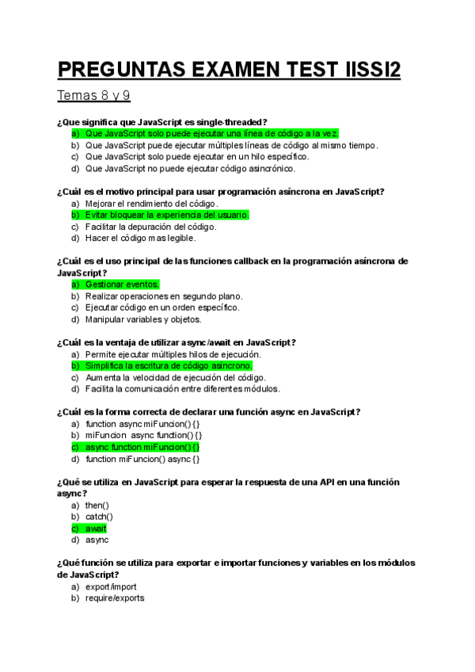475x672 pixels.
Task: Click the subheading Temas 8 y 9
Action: [x=93, y=96]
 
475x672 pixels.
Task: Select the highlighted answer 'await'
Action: [x=96, y=529]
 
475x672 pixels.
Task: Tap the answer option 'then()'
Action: [x=97, y=505]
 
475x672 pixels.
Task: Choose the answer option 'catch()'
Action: [x=99, y=517]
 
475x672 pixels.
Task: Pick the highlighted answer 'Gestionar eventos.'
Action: [x=122, y=284]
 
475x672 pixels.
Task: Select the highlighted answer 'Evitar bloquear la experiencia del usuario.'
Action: [x=167, y=215]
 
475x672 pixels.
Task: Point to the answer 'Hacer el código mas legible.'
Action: [x=140, y=238]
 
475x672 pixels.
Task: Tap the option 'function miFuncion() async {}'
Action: [x=142, y=459]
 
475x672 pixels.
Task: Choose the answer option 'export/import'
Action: [x=111, y=586]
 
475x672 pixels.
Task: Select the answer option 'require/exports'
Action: [x=115, y=598]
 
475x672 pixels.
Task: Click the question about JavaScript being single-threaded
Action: [x=162, y=122]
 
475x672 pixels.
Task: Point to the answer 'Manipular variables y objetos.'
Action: [x=143, y=319]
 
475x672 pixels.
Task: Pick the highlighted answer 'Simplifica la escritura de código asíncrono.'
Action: [x=169, y=366]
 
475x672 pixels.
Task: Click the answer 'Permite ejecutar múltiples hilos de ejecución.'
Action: [x=173, y=354]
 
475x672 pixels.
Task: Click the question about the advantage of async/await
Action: [x=177, y=342]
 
